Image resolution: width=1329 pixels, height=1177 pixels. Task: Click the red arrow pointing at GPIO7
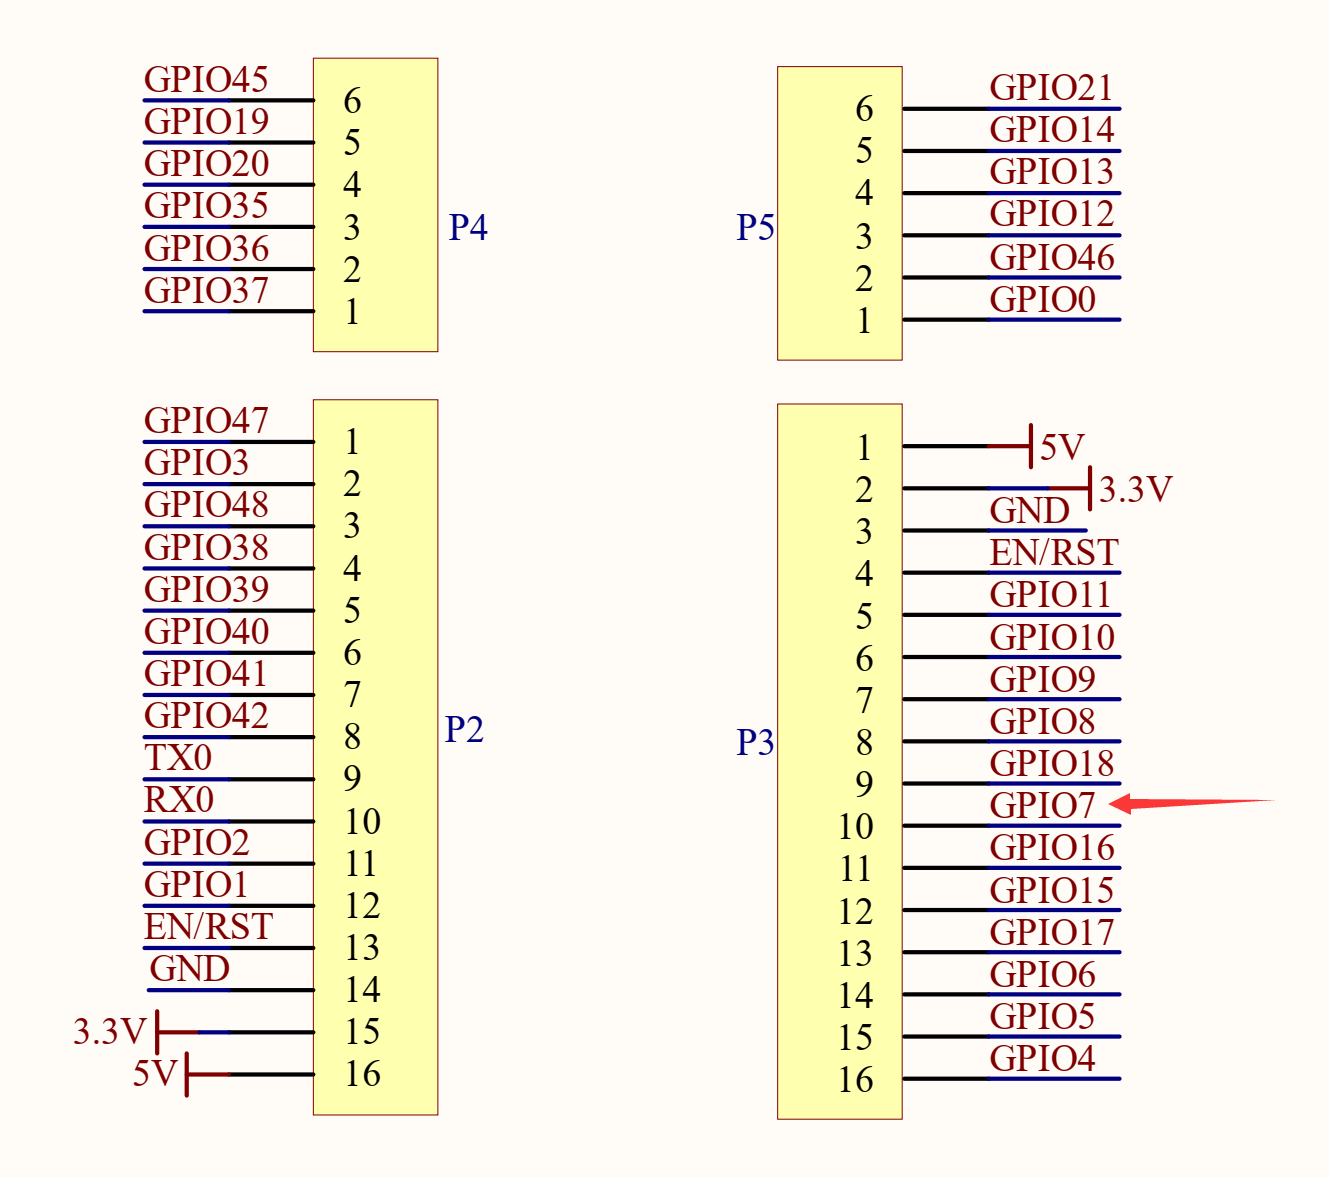tap(1190, 803)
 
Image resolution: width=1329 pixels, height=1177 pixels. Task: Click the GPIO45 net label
tap(206, 80)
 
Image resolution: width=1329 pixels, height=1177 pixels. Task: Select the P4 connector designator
tap(467, 228)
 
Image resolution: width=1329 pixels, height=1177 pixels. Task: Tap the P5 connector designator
tap(755, 228)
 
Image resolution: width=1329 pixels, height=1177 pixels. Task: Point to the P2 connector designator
tap(464, 730)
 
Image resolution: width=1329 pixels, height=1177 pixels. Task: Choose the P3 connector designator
tap(755, 742)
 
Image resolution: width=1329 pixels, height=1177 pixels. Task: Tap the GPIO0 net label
tap(1042, 299)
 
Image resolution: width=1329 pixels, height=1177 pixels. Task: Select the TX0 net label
tap(178, 758)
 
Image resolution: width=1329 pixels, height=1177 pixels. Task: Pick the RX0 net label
tap(179, 800)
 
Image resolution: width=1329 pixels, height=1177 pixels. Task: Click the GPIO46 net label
tap(1052, 257)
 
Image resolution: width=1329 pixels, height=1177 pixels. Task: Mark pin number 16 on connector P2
tap(362, 1074)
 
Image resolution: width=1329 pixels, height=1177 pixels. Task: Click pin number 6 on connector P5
tap(864, 109)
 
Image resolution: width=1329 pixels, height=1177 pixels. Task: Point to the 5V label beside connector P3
tap(1062, 447)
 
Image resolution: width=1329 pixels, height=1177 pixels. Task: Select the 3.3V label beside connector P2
tap(109, 1031)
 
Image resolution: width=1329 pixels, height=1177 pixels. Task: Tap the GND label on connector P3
tap(1029, 511)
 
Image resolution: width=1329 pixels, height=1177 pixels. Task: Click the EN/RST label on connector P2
tap(208, 927)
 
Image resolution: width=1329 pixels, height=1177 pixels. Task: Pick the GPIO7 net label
tap(1042, 805)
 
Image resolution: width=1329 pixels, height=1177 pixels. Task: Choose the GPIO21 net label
tap(1051, 88)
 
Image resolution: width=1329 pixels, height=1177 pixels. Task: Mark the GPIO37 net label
tap(206, 291)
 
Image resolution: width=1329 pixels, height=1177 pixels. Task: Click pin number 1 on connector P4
tap(352, 312)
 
